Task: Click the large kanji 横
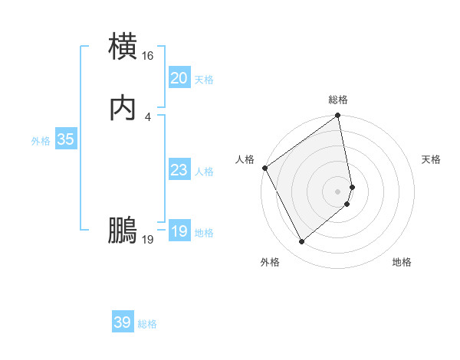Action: (123, 46)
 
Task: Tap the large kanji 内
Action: (123, 109)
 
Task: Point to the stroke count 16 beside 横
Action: (148, 56)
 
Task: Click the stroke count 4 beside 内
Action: (148, 117)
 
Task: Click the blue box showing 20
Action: (179, 78)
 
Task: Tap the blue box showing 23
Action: (179, 170)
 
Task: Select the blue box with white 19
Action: (179, 231)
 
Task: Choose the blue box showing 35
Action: (66, 139)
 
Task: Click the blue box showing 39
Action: (123, 322)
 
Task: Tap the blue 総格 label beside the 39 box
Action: (148, 324)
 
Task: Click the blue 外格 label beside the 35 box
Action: (41, 141)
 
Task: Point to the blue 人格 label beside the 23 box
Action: (205, 172)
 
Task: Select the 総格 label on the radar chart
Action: (338, 100)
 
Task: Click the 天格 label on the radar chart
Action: (432, 159)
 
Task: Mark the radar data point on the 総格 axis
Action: (338, 116)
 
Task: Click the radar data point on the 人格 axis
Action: (264, 168)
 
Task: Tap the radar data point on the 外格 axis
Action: (301, 242)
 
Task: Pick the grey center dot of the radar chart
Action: (338, 191)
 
